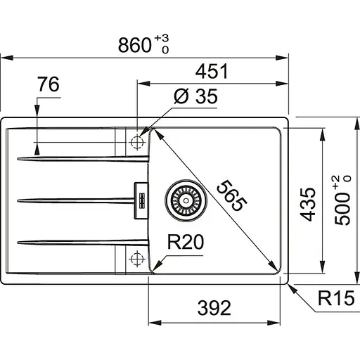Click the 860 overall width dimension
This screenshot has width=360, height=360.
(x=135, y=45)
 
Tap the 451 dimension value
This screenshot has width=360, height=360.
(x=212, y=71)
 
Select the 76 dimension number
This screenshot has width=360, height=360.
(x=49, y=84)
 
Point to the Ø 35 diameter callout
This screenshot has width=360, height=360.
(x=195, y=96)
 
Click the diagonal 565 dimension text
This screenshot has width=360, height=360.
(x=231, y=195)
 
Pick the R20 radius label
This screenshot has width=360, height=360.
(x=186, y=242)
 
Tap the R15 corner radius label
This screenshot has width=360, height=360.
(x=336, y=298)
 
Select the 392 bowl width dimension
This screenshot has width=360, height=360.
(x=214, y=308)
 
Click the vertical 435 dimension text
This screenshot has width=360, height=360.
(x=308, y=205)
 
